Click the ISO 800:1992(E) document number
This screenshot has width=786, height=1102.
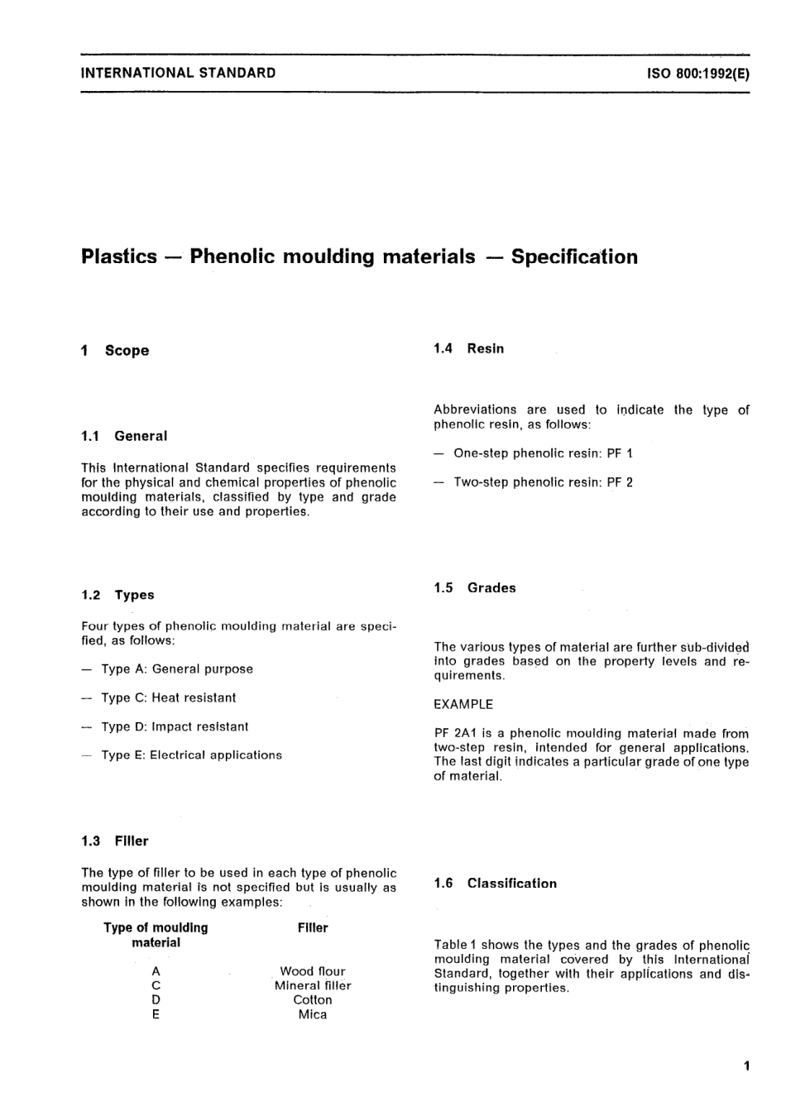click(697, 73)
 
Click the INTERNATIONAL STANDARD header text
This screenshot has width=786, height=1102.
click(179, 73)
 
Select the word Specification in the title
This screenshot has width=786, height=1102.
click(574, 256)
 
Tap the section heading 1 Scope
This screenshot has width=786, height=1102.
click(116, 351)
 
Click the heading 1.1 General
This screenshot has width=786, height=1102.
click(124, 436)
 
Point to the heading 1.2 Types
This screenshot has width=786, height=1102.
click(117, 595)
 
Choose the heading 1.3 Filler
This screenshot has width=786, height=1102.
click(115, 841)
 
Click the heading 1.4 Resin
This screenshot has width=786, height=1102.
click(468, 349)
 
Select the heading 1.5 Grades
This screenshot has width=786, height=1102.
click(474, 588)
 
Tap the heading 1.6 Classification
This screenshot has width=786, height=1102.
click(495, 884)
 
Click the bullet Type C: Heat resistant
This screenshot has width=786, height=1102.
click(168, 698)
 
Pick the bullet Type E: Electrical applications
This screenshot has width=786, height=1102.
click(191, 755)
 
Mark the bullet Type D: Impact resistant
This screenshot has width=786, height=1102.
click(175, 727)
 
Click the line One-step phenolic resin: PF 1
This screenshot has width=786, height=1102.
click(543, 453)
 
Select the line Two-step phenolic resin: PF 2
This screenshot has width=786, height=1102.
click(543, 482)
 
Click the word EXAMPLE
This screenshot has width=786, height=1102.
click(463, 705)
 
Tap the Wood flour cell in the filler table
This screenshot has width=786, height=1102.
click(313, 971)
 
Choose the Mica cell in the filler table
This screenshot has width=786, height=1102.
click(313, 1015)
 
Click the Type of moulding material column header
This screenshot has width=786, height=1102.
click(156, 935)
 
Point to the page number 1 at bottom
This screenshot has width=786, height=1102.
click(746, 1066)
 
